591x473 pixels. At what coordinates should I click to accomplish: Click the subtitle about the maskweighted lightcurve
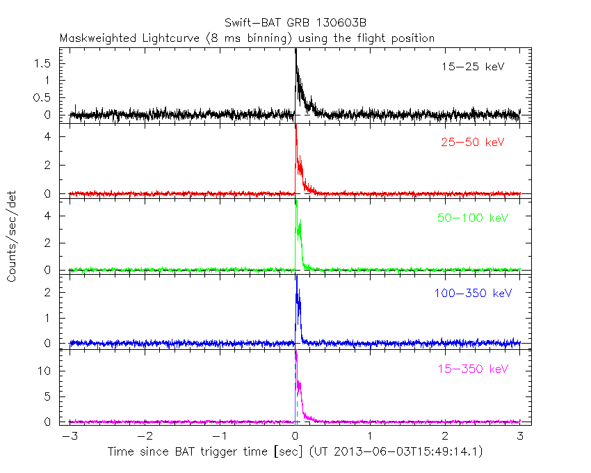(247, 38)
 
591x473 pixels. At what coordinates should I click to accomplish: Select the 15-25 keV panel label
(473, 67)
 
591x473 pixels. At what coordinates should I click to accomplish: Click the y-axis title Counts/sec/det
(13, 236)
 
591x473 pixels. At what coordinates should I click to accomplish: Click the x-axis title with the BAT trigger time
(295, 452)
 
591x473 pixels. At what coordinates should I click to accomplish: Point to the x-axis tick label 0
(296, 436)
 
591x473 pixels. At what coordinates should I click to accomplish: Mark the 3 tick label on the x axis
(520, 436)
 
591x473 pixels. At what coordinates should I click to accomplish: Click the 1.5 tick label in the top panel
(43, 63)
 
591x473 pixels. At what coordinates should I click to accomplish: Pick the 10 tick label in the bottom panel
(47, 371)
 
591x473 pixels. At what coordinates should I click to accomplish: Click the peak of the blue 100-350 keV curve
(297, 277)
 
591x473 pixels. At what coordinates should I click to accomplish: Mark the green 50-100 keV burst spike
(296, 203)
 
